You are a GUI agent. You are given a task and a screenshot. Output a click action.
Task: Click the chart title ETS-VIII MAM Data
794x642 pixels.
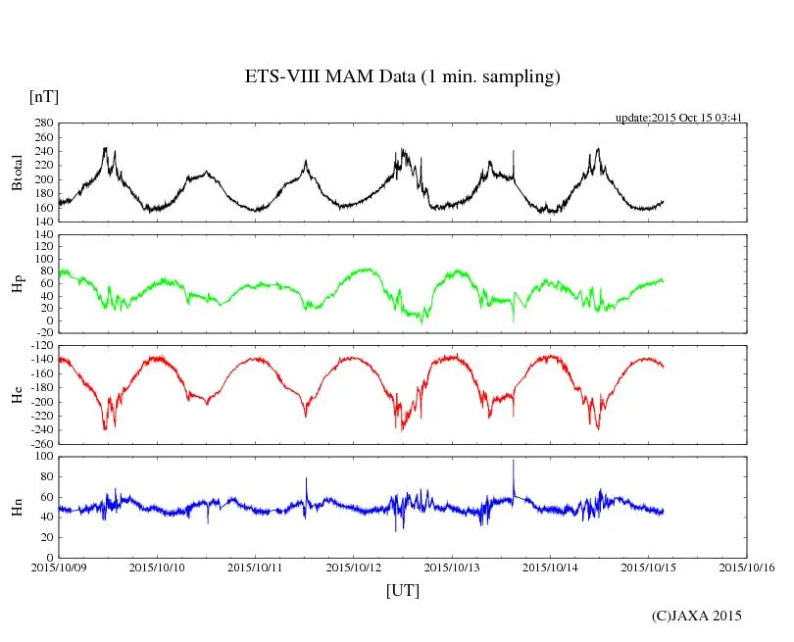click(402, 77)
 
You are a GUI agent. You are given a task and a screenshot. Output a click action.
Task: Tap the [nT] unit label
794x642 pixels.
click(43, 97)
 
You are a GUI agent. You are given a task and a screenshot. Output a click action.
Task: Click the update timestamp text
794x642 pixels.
click(677, 118)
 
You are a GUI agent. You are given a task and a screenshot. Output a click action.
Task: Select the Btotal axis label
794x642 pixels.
click(17, 172)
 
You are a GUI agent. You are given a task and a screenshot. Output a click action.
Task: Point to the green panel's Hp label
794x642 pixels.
click(17, 283)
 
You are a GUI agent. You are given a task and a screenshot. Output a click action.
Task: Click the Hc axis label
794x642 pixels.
click(17, 394)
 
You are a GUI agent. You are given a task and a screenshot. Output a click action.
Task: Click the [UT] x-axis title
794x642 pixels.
click(402, 590)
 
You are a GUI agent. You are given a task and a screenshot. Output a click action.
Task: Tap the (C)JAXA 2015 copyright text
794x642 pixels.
click(697, 616)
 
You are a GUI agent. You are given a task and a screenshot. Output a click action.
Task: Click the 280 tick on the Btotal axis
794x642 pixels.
click(43, 124)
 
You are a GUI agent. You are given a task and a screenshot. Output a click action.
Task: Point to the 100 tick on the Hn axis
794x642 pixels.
click(43, 457)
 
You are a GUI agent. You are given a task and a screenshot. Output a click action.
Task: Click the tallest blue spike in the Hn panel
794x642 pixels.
click(513, 462)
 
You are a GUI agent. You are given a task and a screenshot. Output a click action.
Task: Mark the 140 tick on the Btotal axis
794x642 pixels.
click(43, 222)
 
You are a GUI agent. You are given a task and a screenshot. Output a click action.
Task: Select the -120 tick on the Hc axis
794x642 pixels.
click(41, 347)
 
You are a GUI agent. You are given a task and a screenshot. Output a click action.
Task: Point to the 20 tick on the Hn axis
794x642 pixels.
click(46, 538)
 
